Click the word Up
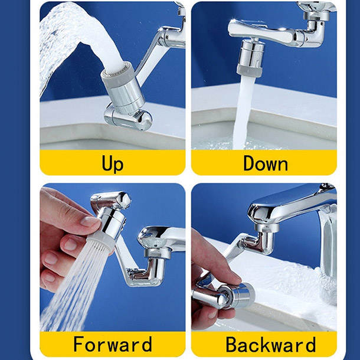pos(113,163)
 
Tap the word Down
pos(266,163)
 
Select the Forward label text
pos(113,343)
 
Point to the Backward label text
pos(271,343)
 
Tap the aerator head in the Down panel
pos(250,57)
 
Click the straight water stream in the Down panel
pos(243,113)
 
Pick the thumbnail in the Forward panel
pos(89,221)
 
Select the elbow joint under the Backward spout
pos(261,241)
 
